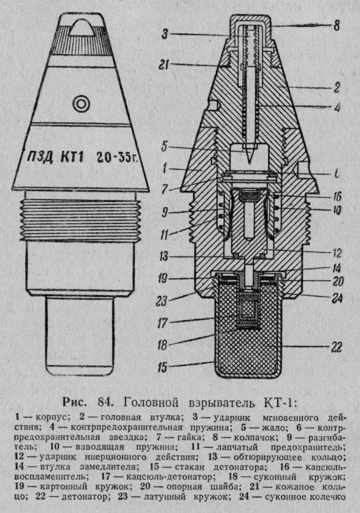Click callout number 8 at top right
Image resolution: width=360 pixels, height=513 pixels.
pyautogui.click(x=337, y=25)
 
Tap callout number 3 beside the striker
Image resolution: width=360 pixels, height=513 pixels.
pyautogui.click(x=165, y=34)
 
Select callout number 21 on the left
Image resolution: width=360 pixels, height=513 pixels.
pyautogui.click(x=164, y=65)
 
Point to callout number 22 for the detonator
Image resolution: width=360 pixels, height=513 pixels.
pyautogui.click(x=336, y=347)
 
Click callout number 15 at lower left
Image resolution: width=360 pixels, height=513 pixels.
pyautogui.click(x=162, y=367)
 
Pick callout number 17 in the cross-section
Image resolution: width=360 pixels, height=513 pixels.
pyautogui.click(x=162, y=323)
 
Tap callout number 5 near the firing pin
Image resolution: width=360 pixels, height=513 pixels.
pyautogui.click(x=164, y=146)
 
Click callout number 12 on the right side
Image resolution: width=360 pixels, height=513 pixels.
pyautogui.click(x=336, y=253)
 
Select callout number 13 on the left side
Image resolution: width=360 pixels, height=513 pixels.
pyautogui.click(x=164, y=256)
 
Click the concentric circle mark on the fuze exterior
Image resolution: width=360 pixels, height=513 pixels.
pyautogui.click(x=81, y=104)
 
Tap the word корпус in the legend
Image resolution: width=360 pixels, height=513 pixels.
pyautogui.click(x=52, y=418)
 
